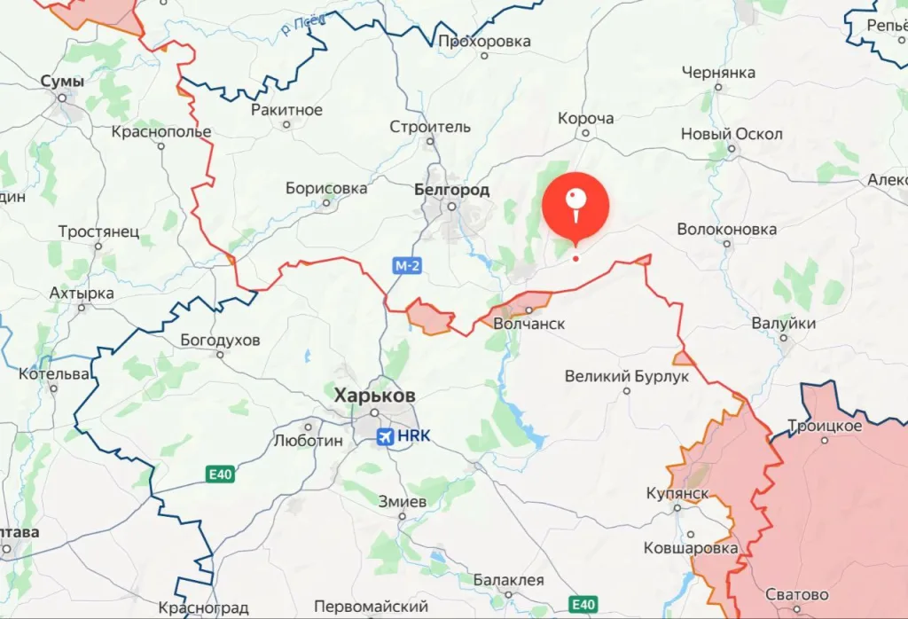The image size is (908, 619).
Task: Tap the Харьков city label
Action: pos(374,396)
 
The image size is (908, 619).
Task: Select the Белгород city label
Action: pos(451,190)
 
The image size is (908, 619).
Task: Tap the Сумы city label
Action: pos(62,82)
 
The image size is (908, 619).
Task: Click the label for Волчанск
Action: pos(528,324)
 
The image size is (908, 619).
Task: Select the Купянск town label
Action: pos(677,492)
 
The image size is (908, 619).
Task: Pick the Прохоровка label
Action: pos(484,41)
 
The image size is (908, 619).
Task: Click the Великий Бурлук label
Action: pos(627,376)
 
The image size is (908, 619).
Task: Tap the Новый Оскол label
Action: pos(732,134)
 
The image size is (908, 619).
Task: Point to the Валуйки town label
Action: pos(783,324)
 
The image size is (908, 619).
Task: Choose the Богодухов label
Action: pos(220,340)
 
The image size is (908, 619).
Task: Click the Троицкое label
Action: pos(825,426)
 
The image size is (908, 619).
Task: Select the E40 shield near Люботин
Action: pos(220,474)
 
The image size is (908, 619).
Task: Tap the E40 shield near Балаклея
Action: pos(583,605)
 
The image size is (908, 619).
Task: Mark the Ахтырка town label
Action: pos(82,293)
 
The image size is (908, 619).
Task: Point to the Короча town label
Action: pos(585,119)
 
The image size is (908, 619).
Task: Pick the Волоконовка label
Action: pos(726,229)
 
